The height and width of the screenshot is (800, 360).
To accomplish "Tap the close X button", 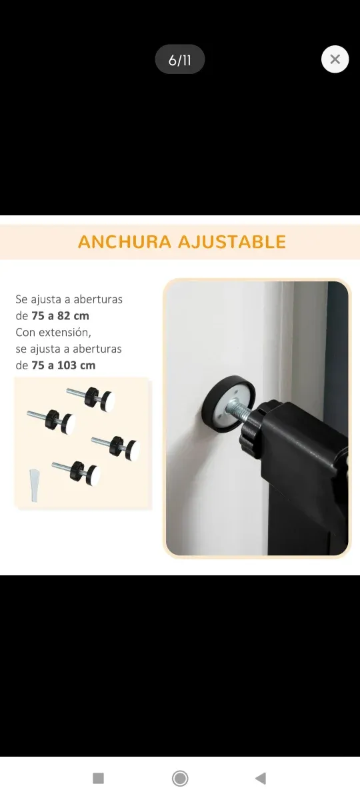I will [x=335, y=59].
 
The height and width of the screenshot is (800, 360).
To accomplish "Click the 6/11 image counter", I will [x=180, y=60].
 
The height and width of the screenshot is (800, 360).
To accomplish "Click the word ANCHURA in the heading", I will [x=125, y=241].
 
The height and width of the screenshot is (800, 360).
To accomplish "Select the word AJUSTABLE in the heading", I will [x=233, y=241].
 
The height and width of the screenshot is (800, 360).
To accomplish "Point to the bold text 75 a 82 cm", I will [x=60, y=315].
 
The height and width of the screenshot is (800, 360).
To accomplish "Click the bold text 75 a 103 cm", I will [x=63, y=365].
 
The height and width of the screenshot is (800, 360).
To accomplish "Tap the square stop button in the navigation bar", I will [x=98, y=778].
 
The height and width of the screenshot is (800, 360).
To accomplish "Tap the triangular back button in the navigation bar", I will [x=261, y=778].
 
